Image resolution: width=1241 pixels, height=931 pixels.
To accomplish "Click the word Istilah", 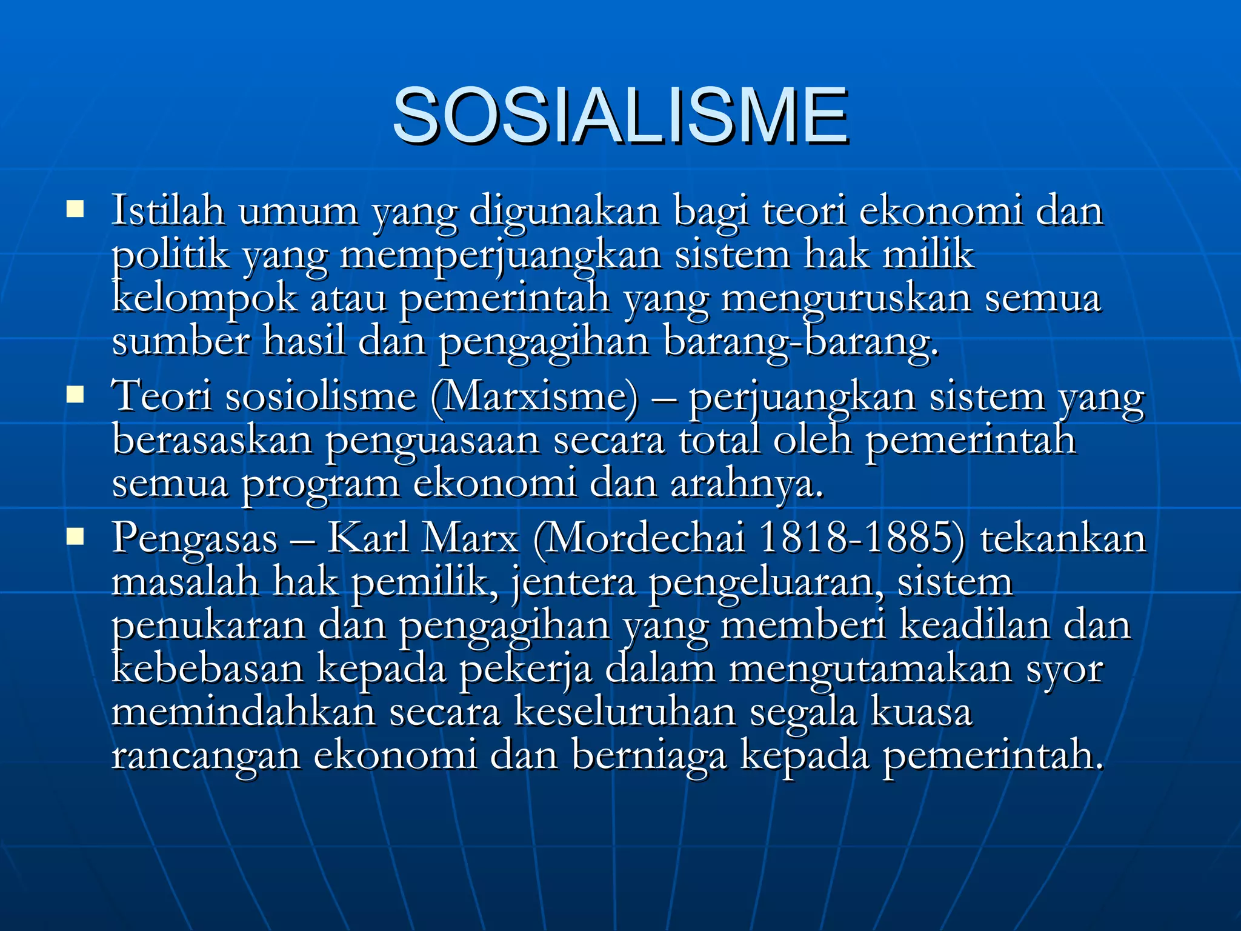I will click(x=168, y=210).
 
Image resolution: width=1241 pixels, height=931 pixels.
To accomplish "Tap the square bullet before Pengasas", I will click(x=75, y=536).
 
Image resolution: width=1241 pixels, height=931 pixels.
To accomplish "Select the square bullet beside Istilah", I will click(x=75, y=210).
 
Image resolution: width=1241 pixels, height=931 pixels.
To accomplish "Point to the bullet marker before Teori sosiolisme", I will click(x=75, y=395).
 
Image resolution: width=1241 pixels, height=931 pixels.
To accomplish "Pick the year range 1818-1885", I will click(x=860, y=538).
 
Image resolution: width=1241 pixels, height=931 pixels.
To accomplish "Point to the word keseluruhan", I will click(x=625, y=713).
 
